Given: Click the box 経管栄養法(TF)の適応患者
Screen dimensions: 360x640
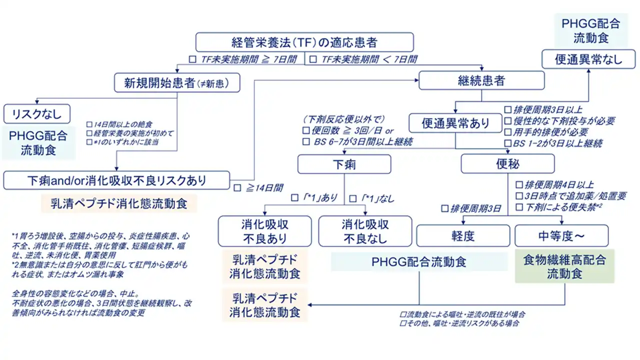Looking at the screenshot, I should tap(304, 42).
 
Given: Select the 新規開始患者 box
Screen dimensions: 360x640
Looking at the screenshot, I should tap(176, 82).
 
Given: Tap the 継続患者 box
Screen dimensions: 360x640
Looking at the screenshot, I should tap(481, 80).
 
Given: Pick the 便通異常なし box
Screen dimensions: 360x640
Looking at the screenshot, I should tap(588, 59).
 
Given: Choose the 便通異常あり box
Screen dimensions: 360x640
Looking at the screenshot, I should tap(455, 123).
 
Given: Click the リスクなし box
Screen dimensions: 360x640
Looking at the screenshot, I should tap(36, 114).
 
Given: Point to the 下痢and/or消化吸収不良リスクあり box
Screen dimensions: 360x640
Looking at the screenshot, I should tap(116, 180).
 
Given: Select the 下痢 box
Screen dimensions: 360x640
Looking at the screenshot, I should tap(344, 164).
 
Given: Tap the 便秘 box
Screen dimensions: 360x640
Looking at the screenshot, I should tap(507, 164).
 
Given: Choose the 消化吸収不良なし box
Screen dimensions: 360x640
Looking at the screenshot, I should tap(364, 231).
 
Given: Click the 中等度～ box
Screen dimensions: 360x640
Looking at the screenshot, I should tap(561, 236).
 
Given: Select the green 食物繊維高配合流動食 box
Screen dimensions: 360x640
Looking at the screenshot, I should tap(564, 266).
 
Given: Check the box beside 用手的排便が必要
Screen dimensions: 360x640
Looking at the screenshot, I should tap(508, 132).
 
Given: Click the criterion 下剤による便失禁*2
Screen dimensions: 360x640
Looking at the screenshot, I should tap(564, 207).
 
